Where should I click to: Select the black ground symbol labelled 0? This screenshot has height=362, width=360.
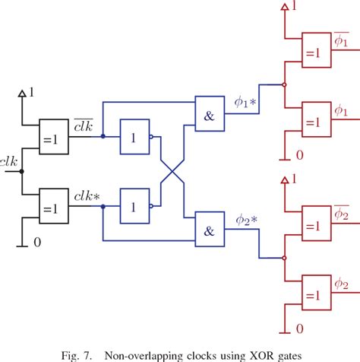pos(23,246)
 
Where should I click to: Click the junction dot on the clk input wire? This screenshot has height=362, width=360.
pos(22,171)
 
